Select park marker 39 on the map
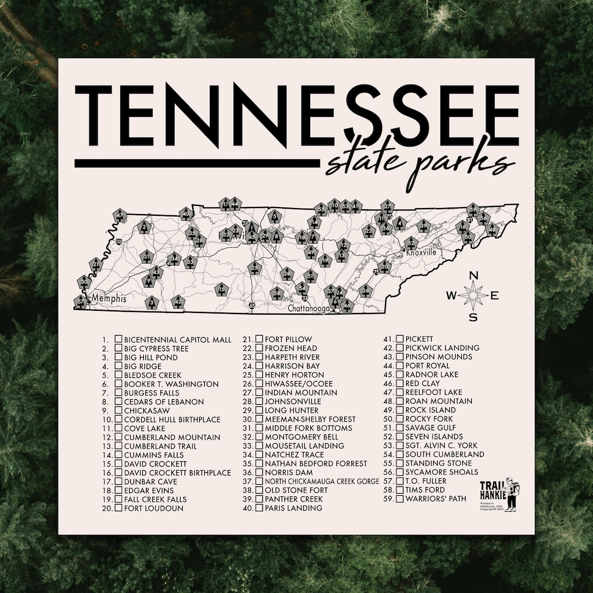(423, 226)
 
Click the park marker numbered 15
(221, 289)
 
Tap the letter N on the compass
(474, 276)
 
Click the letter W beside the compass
(451, 296)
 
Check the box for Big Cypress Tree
(118, 348)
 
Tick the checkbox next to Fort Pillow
(259, 339)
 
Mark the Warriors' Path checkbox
(400, 499)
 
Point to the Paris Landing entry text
(293, 508)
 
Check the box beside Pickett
(400, 339)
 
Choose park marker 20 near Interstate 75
(385, 267)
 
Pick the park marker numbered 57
(81, 300)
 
